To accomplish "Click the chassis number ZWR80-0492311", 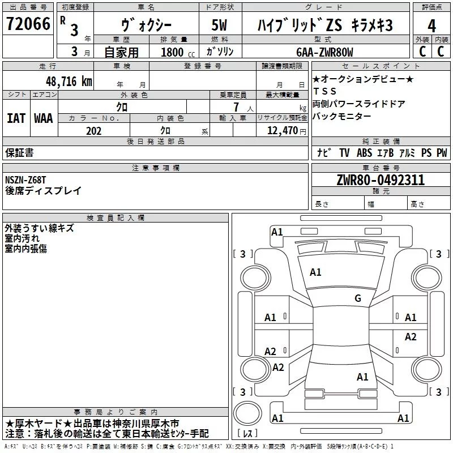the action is point(381,181).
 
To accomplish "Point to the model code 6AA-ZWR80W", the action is point(324,53).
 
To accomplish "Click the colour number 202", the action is point(94,131).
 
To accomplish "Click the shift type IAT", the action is point(16,118).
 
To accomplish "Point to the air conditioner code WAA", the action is point(44,118).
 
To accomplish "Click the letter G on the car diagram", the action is point(357,298).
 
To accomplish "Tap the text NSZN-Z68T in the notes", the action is point(25,180).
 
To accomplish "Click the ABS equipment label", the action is point(365,153).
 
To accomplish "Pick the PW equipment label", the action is point(442,153).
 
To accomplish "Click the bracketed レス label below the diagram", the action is point(249,434).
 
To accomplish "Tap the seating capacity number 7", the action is point(242,106).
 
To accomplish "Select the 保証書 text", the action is point(19,153).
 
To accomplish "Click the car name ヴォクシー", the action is point(147,25).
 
